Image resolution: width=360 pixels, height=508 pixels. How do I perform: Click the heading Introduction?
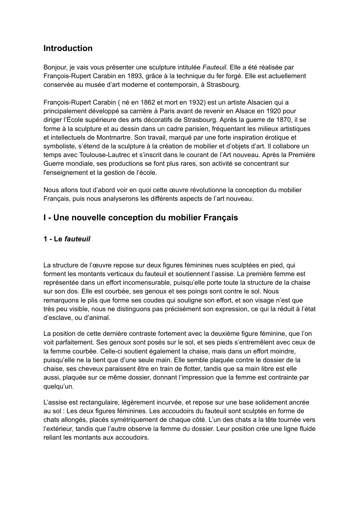tap(68, 48)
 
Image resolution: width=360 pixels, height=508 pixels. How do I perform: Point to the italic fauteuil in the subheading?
tap(77, 239)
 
